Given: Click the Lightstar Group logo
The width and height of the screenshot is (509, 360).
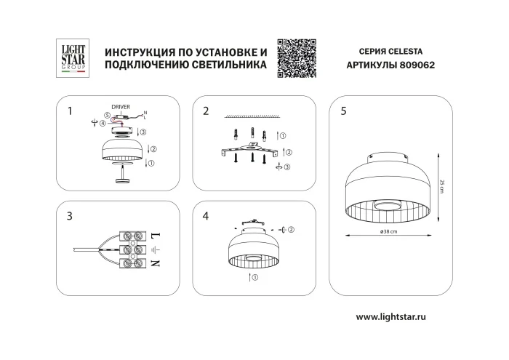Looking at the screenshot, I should [x=72, y=57].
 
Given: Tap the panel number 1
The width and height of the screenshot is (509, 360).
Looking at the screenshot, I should [x=70, y=111].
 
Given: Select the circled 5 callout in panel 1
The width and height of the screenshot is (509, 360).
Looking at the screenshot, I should [x=106, y=116].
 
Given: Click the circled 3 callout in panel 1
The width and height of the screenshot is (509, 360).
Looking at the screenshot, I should [x=143, y=132].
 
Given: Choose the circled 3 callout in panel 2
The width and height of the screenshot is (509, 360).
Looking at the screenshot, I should [x=286, y=168].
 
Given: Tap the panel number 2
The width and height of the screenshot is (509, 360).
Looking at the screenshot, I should [x=207, y=111].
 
